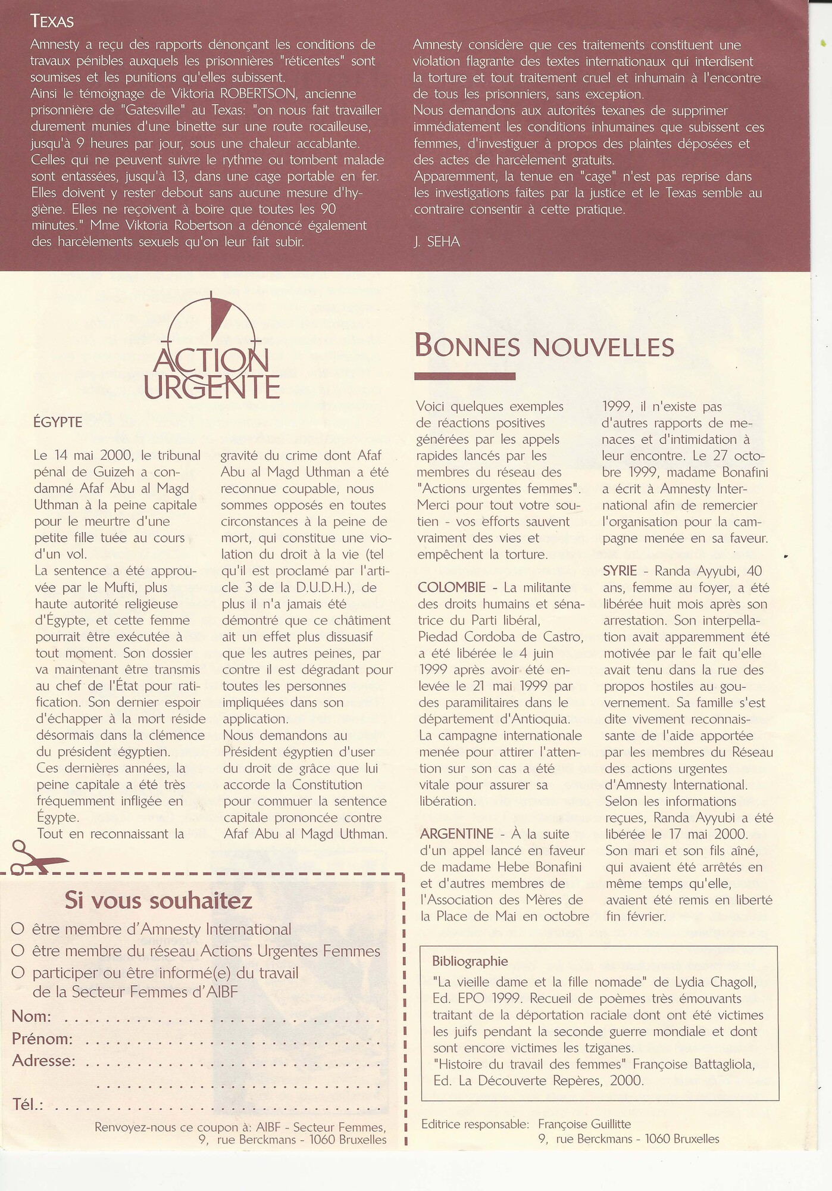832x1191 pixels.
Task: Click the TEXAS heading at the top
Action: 52,22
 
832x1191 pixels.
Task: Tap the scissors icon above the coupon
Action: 36,858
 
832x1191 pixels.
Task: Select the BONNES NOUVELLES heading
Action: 544,346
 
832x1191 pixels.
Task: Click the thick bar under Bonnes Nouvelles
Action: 464,376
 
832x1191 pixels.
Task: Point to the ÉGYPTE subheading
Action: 58,423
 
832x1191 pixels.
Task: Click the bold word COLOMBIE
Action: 452,588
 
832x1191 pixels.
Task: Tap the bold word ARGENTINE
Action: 456,834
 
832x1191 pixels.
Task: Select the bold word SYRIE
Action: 620,571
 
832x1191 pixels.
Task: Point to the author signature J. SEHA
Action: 436,242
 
